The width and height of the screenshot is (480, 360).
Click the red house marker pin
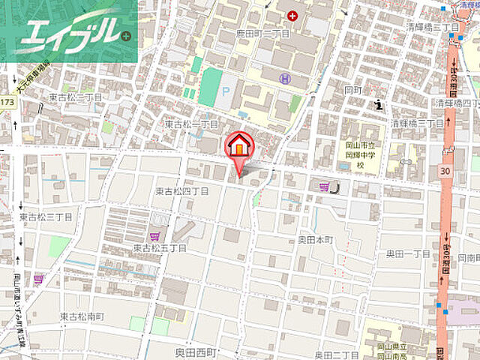(x=239, y=145)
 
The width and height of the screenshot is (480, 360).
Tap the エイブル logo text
(x=68, y=32)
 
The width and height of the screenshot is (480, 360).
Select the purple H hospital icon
(x=283, y=78)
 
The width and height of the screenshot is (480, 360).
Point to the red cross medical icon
(x=292, y=14)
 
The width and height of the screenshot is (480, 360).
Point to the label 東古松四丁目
(x=182, y=191)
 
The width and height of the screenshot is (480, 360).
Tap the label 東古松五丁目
(x=160, y=247)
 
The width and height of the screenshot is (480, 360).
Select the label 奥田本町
(x=315, y=240)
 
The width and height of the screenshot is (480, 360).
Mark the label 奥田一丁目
(x=409, y=254)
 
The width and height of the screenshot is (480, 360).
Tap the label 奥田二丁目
(x=336, y=353)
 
